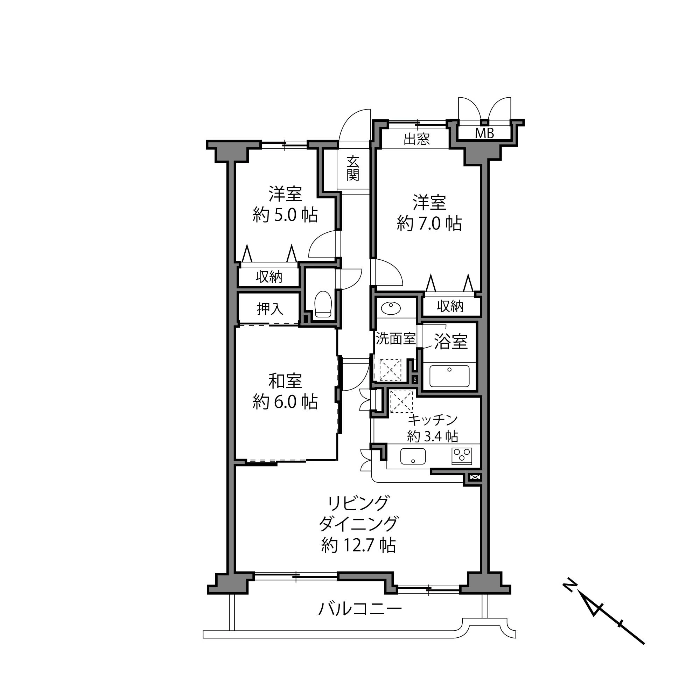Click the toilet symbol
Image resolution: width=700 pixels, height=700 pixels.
click(x=323, y=305)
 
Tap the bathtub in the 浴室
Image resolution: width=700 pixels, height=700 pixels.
click(x=449, y=377)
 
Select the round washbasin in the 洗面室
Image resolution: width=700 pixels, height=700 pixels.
click(x=391, y=309)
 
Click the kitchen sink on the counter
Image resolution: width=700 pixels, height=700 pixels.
click(x=413, y=456)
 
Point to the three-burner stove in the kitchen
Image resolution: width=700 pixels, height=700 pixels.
click(x=462, y=456)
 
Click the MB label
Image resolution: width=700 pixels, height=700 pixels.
click(x=484, y=134)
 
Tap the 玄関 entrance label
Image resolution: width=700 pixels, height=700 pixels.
click(x=352, y=168)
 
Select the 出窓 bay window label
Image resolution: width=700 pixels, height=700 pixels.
click(x=416, y=139)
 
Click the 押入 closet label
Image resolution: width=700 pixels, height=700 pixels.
click(x=270, y=309)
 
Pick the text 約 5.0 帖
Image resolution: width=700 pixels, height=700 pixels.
click(x=285, y=215)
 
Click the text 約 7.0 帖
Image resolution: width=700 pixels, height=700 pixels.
click(x=429, y=223)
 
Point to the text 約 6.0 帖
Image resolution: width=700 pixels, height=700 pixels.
click(x=285, y=402)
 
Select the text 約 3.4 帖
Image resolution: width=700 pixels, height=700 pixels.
click(x=433, y=436)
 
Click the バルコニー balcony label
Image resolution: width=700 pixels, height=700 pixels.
click(x=360, y=609)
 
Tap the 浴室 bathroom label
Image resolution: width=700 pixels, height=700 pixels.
click(x=451, y=341)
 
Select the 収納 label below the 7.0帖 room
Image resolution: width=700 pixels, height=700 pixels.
click(x=450, y=307)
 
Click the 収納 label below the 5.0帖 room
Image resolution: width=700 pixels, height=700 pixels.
click(x=269, y=277)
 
